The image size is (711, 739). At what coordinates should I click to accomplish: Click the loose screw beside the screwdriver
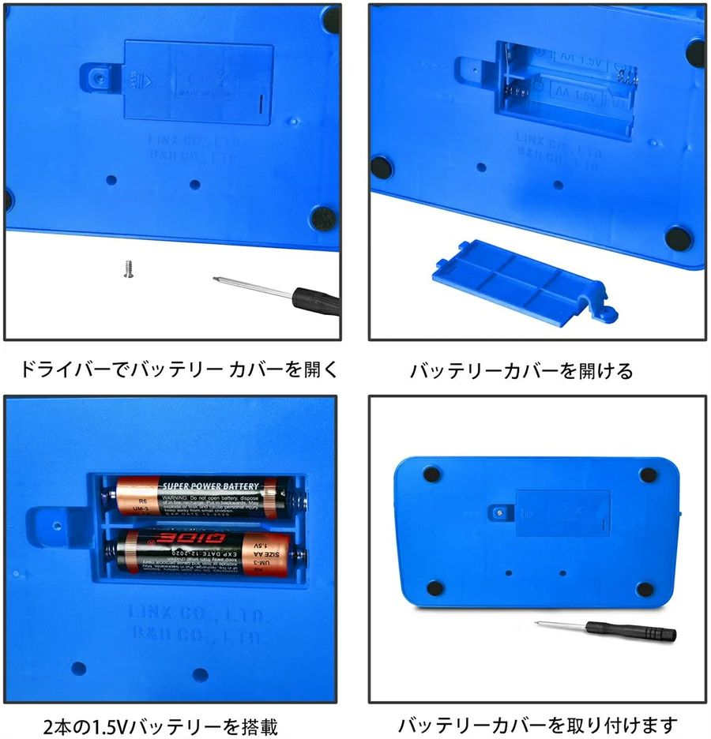click(126, 268)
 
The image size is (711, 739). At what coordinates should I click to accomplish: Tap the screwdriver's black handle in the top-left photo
click(316, 301)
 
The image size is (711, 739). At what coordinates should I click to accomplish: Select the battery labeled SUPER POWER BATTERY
click(201, 496)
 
